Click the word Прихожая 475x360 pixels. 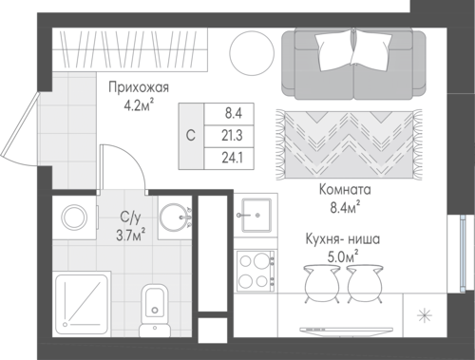[x=139, y=87]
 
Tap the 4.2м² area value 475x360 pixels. [x=139, y=105]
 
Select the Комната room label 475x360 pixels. [x=345, y=190]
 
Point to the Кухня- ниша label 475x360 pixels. [x=343, y=239]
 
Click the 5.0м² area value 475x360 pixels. [x=343, y=256]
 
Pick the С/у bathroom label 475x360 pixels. [x=130, y=218]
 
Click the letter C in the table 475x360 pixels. [x=191, y=136]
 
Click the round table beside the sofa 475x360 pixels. [x=252, y=53]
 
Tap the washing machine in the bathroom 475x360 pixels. [x=74, y=218]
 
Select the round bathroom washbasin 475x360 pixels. [x=175, y=218]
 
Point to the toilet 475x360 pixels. [x=155, y=311]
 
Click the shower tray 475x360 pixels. [x=82, y=303]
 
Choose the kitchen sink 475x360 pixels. [x=256, y=216]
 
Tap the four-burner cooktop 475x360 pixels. [x=255, y=271]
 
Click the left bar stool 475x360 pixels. [x=321, y=284]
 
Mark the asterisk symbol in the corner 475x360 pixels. [x=424, y=315]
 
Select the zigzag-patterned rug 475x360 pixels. [x=349, y=145]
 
